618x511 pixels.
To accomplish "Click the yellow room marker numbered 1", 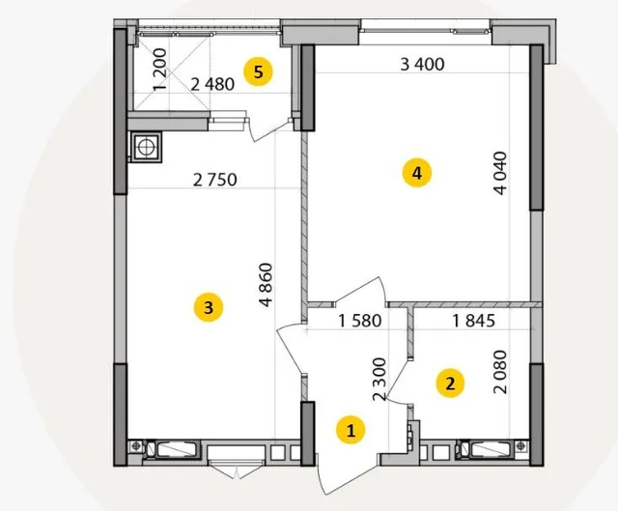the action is (351, 430).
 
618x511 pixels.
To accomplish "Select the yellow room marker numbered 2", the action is (450, 383).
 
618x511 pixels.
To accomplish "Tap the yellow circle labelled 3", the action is (209, 307).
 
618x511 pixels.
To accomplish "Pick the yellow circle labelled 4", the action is (416, 173).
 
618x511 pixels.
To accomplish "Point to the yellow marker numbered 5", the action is (258, 72).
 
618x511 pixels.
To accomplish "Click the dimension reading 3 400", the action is (422, 65).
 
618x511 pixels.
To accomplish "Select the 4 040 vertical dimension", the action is (500, 173).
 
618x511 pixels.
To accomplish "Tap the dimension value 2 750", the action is (215, 180).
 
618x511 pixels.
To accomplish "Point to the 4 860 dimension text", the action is (267, 285).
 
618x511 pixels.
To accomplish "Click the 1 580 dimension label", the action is (360, 321).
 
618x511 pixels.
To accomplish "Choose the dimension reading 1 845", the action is (473, 321).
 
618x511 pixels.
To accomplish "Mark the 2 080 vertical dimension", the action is (500, 372).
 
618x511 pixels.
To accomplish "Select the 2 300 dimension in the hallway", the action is (379, 380).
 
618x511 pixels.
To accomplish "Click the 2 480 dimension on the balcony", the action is (212, 84).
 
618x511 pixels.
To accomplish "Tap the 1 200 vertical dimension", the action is (159, 70).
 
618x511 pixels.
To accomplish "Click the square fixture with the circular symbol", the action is (146, 147).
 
